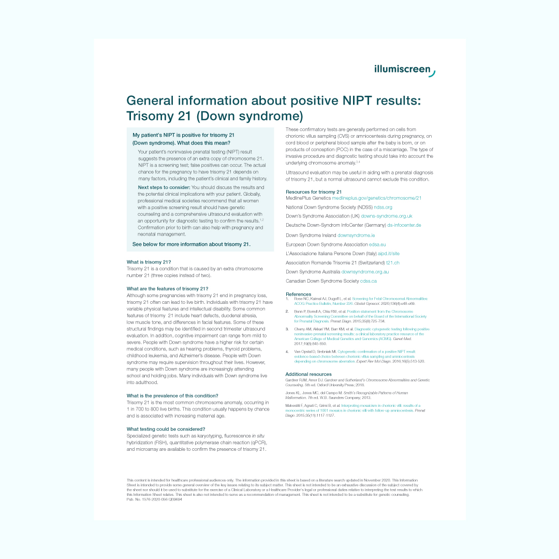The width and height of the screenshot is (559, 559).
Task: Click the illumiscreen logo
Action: click(x=404, y=70)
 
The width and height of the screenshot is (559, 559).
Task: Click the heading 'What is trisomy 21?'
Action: click(x=149, y=262)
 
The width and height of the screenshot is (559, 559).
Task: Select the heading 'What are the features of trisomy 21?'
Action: click(x=167, y=289)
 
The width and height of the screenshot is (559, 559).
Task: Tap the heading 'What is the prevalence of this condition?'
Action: click(x=172, y=396)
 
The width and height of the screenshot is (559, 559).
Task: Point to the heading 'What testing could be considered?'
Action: click(x=166, y=429)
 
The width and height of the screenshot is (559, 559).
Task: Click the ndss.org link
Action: click(x=383, y=207)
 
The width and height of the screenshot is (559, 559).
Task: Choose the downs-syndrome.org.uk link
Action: click(x=387, y=216)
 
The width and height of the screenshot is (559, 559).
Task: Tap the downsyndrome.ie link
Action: click(x=356, y=235)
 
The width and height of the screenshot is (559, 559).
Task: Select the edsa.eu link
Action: click(x=377, y=244)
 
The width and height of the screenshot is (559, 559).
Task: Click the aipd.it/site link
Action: click(x=389, y=254)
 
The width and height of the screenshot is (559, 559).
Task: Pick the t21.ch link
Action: click(x=393, y=263)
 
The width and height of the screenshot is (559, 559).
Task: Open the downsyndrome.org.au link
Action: click(x=365, y=272)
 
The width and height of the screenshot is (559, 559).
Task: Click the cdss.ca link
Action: click(x=369, y=281)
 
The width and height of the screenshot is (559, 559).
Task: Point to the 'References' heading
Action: click(x=299, y=294)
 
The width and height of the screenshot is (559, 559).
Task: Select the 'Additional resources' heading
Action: click(x=308, y=374)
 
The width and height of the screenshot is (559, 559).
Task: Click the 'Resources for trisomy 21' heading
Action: click(x=314, y=192)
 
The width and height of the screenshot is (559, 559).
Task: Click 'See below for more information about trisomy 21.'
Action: click(x=192, y=244)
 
